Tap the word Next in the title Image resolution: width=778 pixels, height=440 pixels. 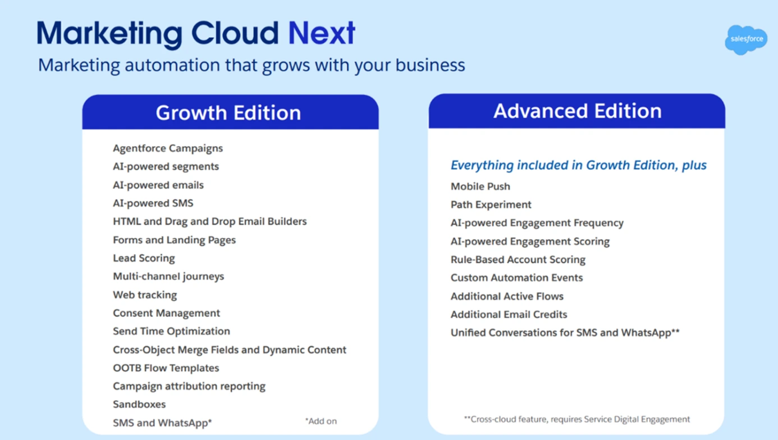tap(322, 33)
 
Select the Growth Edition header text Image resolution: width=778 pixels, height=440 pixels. tap(228, 113)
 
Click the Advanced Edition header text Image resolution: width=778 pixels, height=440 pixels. tap(578, 111)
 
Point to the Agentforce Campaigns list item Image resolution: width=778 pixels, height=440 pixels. tap(168, 148)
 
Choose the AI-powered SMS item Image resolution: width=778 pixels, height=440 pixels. tap(153, 203)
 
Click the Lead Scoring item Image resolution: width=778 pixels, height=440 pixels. tap(144, 258)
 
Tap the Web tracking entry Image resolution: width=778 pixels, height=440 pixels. tap(145, 295)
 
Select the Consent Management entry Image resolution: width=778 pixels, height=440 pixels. tap(166, 313)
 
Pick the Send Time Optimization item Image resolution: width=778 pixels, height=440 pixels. tap(171, 331)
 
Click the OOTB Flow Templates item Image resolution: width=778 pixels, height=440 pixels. tap(166, 368)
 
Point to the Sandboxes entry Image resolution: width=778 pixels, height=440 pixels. tap(139, 404)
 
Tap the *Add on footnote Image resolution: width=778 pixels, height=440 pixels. tap(321, 421)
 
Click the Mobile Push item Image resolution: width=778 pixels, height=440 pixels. tap(480, 187)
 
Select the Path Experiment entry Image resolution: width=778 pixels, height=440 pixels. tap(491, 205)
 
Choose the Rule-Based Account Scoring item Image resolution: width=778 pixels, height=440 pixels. tap(518, 260)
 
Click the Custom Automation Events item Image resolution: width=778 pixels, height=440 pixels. tap(516, 278)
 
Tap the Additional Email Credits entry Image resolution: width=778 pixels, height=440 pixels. tap(509, 315)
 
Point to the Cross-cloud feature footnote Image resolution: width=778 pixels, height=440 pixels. tap(577, 419)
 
